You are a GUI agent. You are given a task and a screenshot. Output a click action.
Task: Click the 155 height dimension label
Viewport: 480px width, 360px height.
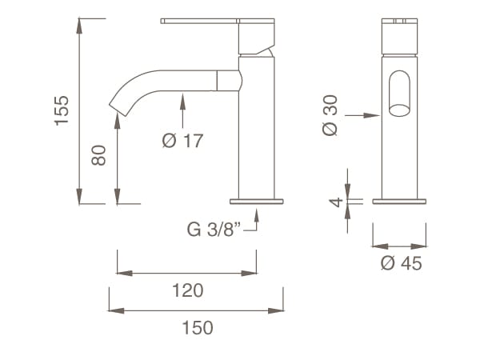click(x=63, y=110)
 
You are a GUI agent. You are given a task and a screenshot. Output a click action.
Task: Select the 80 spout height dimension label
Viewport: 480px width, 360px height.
click(x=99, y=154)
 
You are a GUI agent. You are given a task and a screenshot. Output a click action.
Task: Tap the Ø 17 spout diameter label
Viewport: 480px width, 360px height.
click(x=182, y=141)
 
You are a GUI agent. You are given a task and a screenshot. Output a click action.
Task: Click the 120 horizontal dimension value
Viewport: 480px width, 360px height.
click(x=187, y=290)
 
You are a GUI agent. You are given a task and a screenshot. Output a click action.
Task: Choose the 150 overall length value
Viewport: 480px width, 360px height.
click(x=198, y=327)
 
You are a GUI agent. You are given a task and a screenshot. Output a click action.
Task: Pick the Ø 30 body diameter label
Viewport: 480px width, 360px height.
click(x=330, y=115)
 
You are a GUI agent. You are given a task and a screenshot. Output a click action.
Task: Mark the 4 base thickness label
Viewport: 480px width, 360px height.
click(x=336, y=202)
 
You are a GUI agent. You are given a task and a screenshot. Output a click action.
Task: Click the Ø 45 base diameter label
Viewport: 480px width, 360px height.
click(x=401, y=263)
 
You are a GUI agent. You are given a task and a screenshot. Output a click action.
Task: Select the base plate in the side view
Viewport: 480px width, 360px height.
click(x=257, y=201)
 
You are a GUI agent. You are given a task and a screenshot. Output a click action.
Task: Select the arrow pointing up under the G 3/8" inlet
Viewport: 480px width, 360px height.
click(x=257, y=212)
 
